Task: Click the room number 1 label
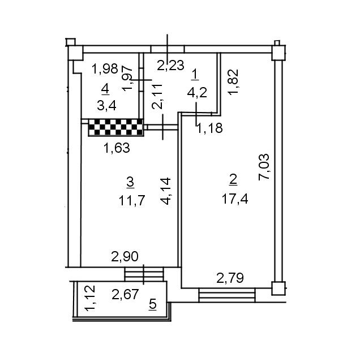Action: pos(195,74)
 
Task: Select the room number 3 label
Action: pos(130,182)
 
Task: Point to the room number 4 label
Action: pos(105,88)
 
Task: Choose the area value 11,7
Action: pos(131,200)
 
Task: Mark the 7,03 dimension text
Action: pos(264,167)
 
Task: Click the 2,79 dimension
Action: pos(230,278)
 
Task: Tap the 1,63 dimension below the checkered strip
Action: pos(116,149)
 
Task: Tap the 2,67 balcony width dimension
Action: pos(125,294)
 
